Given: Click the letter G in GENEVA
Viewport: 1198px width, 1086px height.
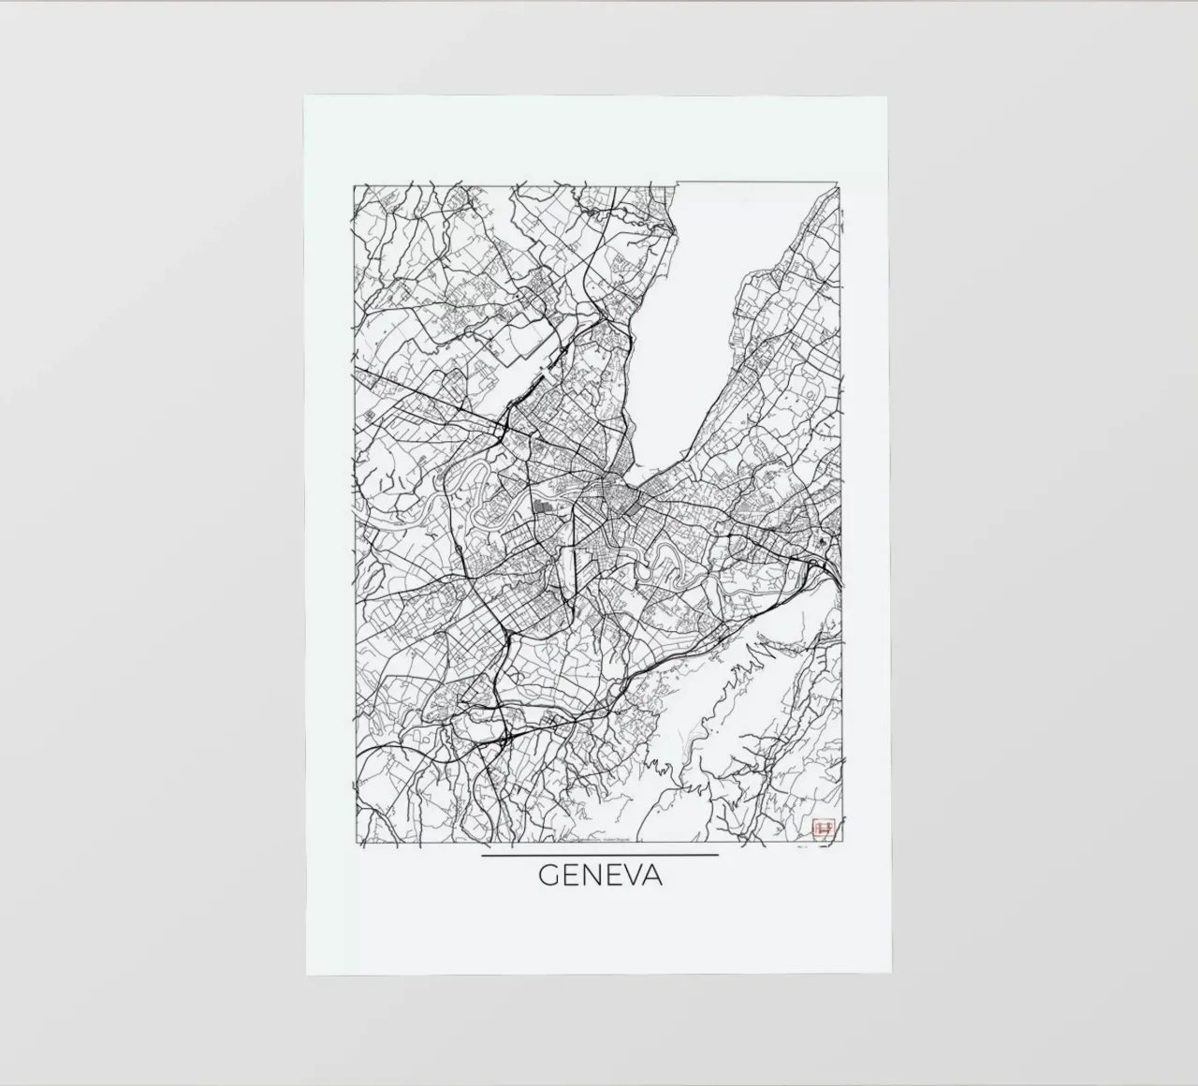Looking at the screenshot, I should coord(548,876).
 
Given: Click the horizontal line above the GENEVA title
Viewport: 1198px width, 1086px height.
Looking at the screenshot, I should coord(599,855).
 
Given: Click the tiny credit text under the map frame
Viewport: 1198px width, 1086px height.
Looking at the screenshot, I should coord(599,846).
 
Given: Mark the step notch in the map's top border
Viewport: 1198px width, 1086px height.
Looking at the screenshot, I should coord(677,183).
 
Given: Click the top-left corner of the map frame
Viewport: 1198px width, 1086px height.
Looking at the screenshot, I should coord(354,186).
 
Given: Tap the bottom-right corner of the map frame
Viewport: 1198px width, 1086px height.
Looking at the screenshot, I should coord(840,844).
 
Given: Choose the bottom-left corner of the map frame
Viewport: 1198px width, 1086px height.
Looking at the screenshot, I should coord(354,844).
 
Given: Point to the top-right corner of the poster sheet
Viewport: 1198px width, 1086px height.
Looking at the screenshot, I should coord(886,96).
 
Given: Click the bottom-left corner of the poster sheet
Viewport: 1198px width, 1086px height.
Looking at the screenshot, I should coord(306,974).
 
